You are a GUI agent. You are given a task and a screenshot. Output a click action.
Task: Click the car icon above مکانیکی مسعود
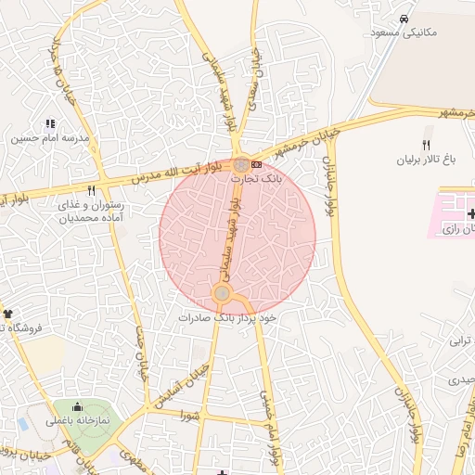404,19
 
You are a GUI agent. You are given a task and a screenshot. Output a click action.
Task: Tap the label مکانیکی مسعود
404,33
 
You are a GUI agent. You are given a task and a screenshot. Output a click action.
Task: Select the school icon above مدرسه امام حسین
50,122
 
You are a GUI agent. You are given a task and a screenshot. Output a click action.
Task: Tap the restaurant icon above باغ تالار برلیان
426,145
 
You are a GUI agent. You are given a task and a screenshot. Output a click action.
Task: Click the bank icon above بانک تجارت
270,164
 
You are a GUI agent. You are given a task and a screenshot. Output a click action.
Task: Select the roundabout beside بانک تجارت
241,164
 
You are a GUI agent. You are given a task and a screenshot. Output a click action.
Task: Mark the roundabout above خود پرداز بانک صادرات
222,294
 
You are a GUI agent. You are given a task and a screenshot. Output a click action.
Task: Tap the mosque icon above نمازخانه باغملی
77,407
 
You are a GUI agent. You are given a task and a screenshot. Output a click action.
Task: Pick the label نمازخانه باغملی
78,421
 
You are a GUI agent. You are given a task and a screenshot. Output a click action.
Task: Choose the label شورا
191,417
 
